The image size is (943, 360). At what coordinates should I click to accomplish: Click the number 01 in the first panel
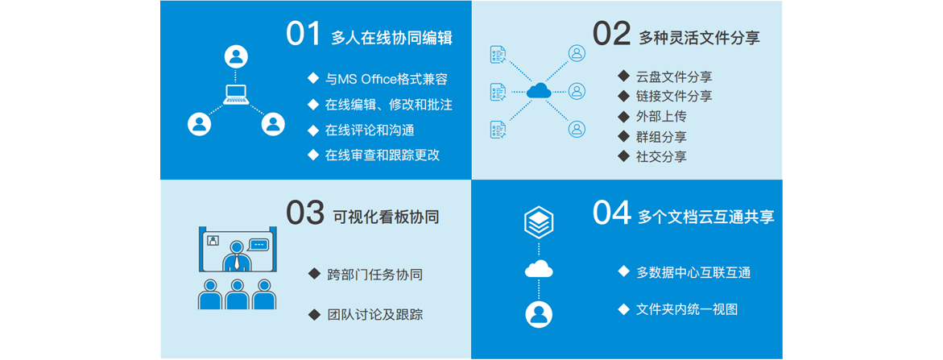pyautogui.click(x=304, y=35)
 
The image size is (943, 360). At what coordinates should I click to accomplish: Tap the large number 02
pyautogui.click(x=611, y=35)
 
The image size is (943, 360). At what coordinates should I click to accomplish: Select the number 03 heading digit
pyautogui.click(x=305, y=213)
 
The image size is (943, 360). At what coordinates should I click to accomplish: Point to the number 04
pyautogui.click(x=612, y=213)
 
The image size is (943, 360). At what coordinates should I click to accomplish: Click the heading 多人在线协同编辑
pyautogui.click(x=391, y=39)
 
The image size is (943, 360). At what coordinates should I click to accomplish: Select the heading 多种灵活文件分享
pyautogui.click(x=699, y=39)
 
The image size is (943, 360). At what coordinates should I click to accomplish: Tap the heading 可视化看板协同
pyautogui.click(x=386, y=217)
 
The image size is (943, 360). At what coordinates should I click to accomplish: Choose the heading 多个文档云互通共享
pyautogui.click(x=706, y=217)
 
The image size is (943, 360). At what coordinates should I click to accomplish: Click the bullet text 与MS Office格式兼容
pyautogui.click(x=386, y=79)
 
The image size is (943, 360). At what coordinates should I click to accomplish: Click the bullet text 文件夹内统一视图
pyautogui.click(x=687, y=310)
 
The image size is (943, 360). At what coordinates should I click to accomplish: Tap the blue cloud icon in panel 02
pyautogui.click(x=539, y=91)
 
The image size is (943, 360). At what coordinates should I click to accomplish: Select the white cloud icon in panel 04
pyautogui.click(x=539, y=269)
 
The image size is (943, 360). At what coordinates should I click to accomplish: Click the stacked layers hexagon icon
pyautogui.click(x=539, y=223)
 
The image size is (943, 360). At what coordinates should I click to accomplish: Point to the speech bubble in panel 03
pyautogui.click(x=258, y=245)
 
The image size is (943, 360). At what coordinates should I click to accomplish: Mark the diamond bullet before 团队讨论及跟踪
pyautogui.click(x=313, y=314)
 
